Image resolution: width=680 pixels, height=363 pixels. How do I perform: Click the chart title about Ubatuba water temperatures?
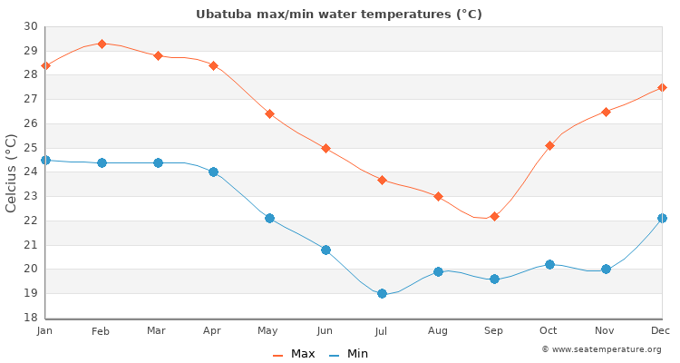coord(339,15)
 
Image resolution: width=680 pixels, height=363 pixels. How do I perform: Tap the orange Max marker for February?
coord(102,44)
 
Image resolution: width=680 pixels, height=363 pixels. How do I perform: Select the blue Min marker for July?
coord(382,293)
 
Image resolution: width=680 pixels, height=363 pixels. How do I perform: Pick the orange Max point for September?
coord(494,216)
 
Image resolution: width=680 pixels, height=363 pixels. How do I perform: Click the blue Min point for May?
coord(269,218)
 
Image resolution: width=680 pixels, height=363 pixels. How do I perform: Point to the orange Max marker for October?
coord(549,145)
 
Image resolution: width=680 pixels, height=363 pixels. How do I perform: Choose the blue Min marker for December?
coord(662,218)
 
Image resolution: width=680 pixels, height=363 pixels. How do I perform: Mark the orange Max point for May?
coord(269,113)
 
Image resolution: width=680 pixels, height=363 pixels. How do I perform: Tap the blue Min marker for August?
coord(438,271)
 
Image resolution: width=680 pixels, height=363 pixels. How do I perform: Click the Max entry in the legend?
coord(294,354)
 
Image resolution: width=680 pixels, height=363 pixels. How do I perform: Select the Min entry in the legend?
coord(349,354)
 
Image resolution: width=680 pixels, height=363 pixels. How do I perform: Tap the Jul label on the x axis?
coord(382,331)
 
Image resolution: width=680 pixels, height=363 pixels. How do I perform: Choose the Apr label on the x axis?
coord(213,331)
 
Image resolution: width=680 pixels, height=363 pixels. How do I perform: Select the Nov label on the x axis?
coord(606,331)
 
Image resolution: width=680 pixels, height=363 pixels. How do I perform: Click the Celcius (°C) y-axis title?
coord(12,172)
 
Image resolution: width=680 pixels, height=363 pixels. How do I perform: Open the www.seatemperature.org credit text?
coord(601,349)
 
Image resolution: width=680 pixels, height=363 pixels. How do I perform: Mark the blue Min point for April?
coord(213,172)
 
